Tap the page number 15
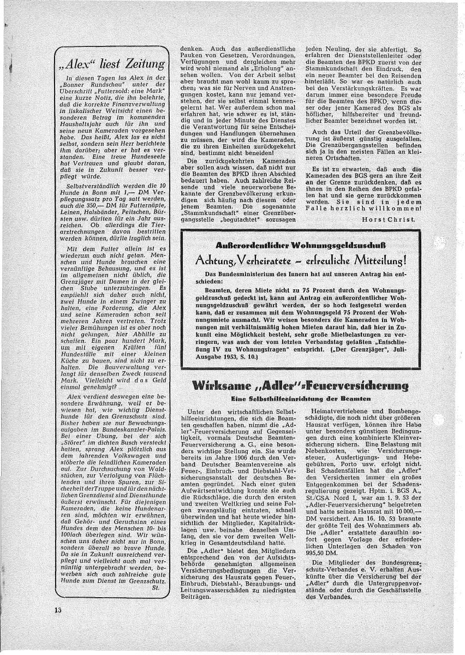[x=58, y=609]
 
